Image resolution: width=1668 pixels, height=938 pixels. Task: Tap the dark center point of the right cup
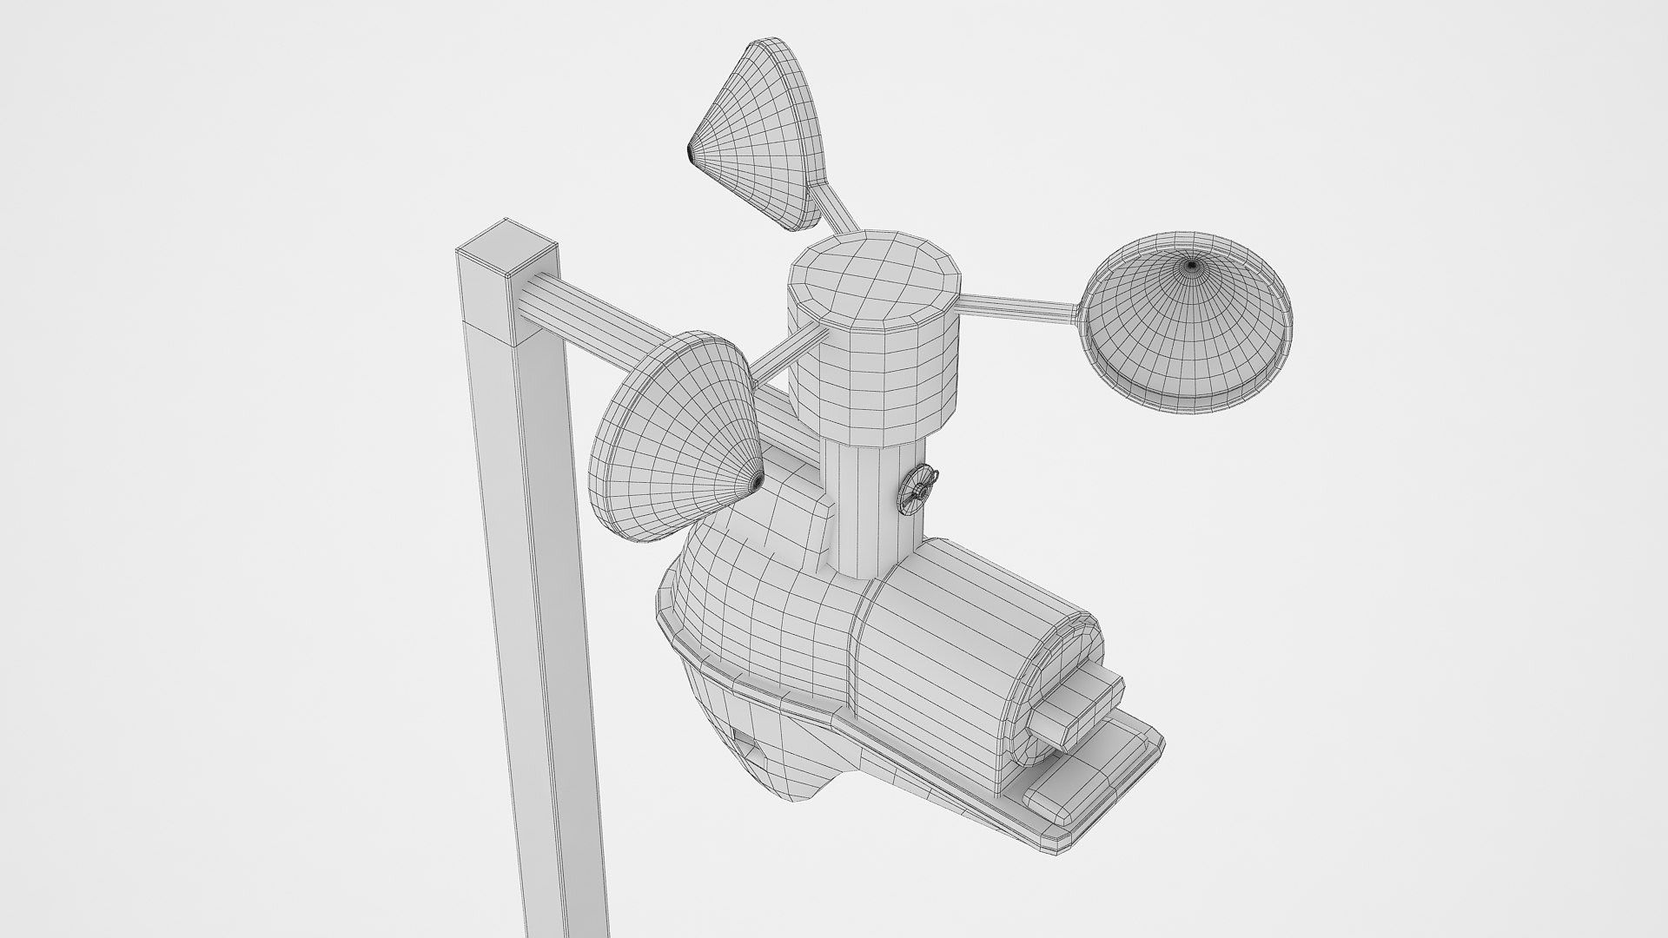click(1191, 264)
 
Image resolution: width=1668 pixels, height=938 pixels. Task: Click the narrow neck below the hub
click(869, 504)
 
